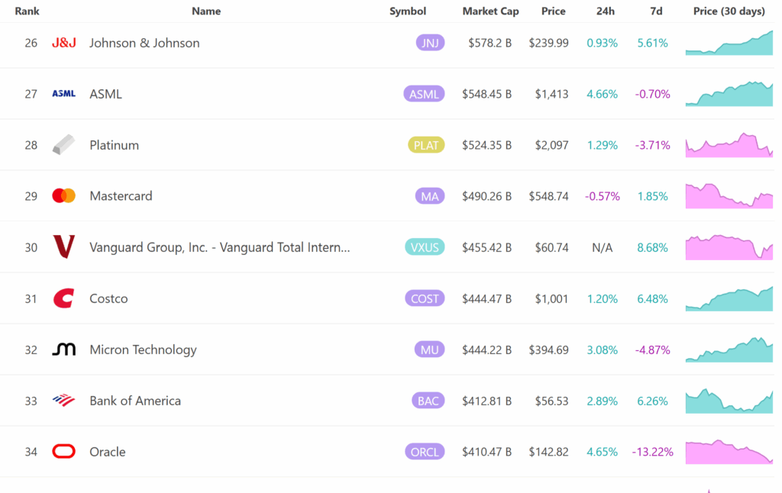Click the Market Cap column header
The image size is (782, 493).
point(490,11)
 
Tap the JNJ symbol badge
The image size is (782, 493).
point(430,43)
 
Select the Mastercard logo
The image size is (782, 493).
point(63,196)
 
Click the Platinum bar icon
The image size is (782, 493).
point(63,145)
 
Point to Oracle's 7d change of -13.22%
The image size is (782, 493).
point(652,452)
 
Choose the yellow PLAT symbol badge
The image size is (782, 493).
point(426,145)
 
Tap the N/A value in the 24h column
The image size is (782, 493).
point(602,247)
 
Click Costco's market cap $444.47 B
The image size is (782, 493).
point(486,298)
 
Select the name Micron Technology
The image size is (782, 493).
point(143,350)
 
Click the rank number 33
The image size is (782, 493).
point(31,401)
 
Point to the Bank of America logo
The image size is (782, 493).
point(63,400)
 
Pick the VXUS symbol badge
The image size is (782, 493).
point(425,247)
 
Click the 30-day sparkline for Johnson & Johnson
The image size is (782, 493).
point(729,43)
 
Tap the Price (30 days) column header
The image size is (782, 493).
point(729,11)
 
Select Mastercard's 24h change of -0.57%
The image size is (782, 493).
point(602,196)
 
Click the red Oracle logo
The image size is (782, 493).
point(63,452)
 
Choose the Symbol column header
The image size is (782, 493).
point(408,11)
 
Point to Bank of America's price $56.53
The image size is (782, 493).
point(548,401)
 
